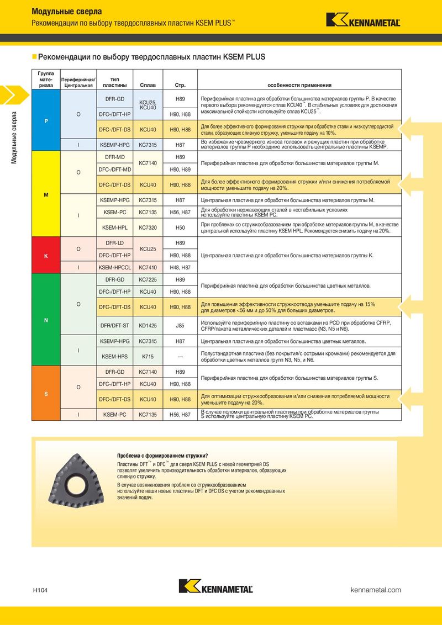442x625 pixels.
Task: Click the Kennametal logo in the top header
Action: point(363,20)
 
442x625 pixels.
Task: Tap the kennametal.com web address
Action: point(376,590)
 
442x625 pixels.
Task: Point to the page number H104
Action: point(40,590)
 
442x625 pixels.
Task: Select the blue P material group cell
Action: point(45,121)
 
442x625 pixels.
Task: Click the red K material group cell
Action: point(45,256)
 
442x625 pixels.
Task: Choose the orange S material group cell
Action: point(45,394)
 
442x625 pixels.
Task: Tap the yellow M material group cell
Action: point(45,195)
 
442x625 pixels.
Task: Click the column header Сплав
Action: point(148,85)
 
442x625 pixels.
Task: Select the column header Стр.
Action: point(180,85)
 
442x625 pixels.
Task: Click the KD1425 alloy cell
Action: point(148,326)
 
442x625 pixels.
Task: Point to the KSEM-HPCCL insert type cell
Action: point(114,267)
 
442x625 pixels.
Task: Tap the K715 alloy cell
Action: point(148,357)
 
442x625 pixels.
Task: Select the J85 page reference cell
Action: point(180,326)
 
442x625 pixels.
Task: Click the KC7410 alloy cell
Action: point(148,267)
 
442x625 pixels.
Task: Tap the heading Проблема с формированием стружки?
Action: point(162,455)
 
